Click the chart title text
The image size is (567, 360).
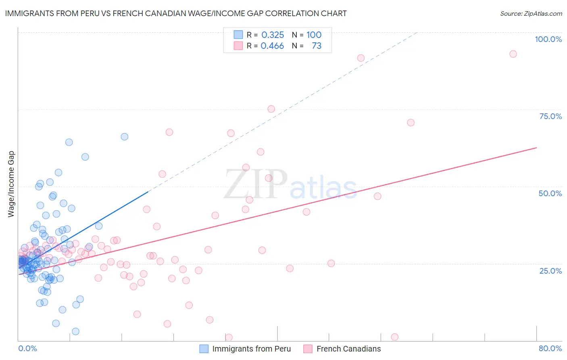point(176,13)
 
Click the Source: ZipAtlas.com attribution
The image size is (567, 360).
point(531,13)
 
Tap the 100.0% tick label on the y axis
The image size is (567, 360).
point(548,39)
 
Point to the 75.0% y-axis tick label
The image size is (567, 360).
point(550,116)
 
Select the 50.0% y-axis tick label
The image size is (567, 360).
point(550,193)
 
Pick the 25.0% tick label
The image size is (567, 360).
point(550,270)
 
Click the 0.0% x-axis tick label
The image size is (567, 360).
point(27,348)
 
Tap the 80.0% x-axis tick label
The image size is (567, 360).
point(550,348)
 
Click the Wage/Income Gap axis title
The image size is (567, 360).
point(11,184)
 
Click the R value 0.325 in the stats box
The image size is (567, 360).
point(273,35)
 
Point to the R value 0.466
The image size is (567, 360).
point(272,46)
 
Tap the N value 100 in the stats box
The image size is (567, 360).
point(314,35)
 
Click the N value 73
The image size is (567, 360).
point(317,46)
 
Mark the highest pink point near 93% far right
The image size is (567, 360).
point(513,54)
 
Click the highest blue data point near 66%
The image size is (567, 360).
point(125,137)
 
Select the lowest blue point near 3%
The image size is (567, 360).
point(75,331)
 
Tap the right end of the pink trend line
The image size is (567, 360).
point(536,148)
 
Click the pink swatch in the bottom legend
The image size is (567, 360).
point(308,349)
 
